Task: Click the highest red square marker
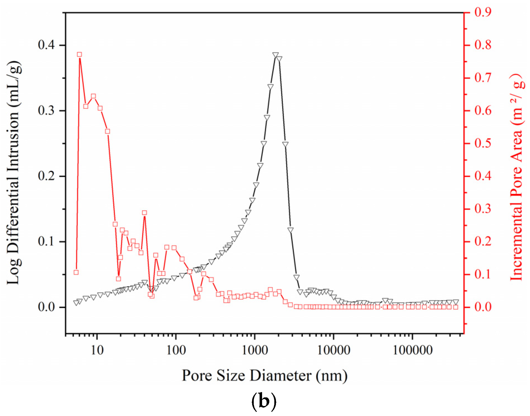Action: pos(79,54)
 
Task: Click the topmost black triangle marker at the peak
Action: pos(275,55)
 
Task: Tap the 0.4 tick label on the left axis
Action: pos(47,45)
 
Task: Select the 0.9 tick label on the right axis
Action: pos(483,12)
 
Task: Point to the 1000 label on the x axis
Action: pos(255,350)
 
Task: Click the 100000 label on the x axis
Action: pos(412,350)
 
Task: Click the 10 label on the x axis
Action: pos(97,350)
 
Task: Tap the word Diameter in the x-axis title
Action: pos(280,375)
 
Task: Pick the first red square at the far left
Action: pos(76,272)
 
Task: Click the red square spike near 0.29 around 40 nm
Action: pos(144,213)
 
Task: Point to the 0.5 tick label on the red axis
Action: pos(483,143)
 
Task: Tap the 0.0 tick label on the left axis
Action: pos(47,307)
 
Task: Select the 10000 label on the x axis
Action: pos(334,350)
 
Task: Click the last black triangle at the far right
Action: pos(456,302)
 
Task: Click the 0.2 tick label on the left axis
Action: pos(47,176)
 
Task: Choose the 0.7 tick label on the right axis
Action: pos(483,78)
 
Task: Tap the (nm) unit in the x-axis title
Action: pos(332,375)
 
